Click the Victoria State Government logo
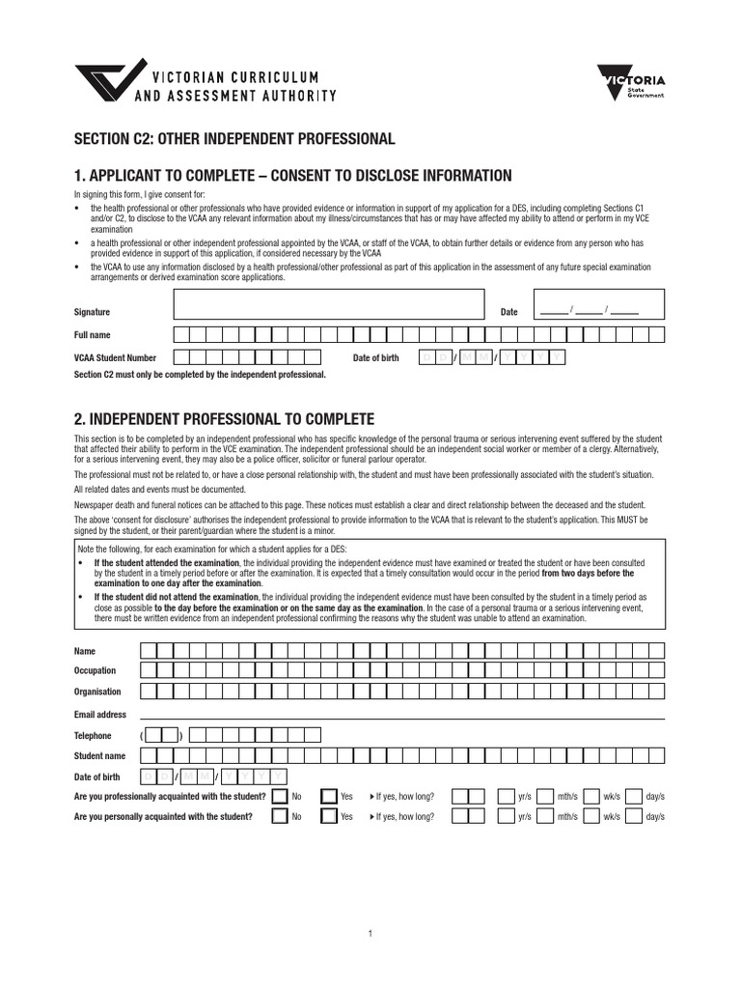[631, 88]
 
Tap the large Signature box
[327, 306]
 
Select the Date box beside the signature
[598, 306]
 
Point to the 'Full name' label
[93, 335]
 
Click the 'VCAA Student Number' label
[115, 358]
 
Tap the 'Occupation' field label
[95, 670]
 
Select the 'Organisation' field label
[97, 692]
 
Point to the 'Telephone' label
[93, 736]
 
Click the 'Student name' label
[99, 756]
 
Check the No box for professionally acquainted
[280, 797]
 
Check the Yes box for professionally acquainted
[329, 797]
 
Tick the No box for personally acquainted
[280, 817]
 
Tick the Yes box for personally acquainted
[329, 817]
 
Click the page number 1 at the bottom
[370, 934]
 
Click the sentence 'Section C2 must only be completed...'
[200, 374]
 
